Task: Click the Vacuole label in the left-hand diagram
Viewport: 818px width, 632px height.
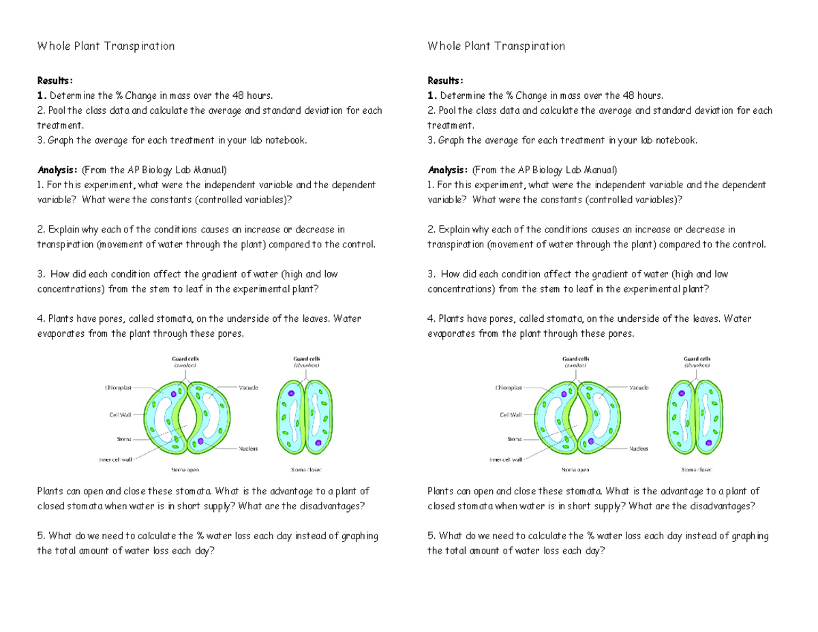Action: point(247,387)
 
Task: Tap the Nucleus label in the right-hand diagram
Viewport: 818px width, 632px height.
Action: point(639,449)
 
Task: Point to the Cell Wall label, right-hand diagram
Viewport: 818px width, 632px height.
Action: point(510,414)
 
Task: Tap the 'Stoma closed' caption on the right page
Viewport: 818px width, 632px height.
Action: point(697,470)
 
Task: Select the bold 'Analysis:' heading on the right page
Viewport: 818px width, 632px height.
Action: point(447,170)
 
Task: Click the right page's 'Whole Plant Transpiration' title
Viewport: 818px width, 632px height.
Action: point(496,46)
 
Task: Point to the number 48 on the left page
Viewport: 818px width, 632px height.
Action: point(238,95)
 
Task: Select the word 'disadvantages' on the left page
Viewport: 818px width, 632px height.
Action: point(333,506)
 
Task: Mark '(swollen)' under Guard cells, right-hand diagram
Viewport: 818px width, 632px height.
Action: point(576,365)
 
